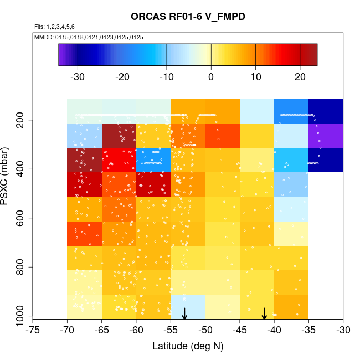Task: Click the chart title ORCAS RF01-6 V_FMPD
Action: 188,17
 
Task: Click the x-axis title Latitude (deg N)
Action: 188,346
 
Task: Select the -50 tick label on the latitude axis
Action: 205,330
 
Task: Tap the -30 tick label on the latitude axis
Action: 343,330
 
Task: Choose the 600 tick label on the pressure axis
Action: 23,218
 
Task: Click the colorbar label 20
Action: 300,76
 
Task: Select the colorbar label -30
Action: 78,76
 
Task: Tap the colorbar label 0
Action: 211,76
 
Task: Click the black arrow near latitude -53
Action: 184,313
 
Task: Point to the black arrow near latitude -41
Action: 265,313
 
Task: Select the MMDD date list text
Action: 89,37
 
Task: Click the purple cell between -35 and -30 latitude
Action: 326,135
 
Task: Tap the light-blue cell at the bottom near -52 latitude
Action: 188,306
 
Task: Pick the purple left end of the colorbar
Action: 63,55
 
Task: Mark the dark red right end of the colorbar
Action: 312,55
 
